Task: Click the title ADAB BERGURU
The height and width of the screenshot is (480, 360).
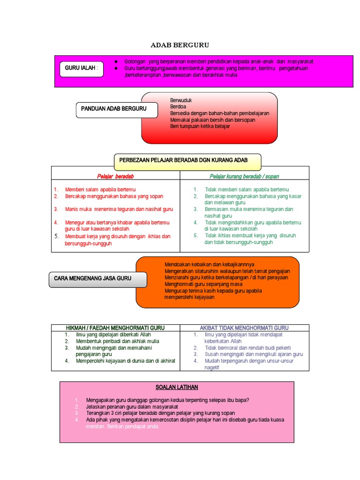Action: (x=180, y=45)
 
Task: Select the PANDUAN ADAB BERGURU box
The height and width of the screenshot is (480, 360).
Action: (x=113, y=109)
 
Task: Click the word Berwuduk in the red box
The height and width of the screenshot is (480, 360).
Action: (x=181, y=100)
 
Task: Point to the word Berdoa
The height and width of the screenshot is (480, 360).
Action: (x=178, y=107)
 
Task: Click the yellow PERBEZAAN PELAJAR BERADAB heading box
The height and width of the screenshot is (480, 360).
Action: (x=187, y=160)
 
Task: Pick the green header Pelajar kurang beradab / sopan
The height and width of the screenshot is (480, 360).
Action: (x=244, y=176)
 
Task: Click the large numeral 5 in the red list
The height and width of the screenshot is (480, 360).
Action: (x=55, y=236)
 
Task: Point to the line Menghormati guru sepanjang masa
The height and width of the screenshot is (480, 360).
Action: (x=203, y=284)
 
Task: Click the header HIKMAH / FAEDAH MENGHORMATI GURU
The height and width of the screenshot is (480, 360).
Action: (x=115, y=328)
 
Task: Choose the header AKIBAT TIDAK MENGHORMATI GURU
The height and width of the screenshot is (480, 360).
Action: (x=244, y=328)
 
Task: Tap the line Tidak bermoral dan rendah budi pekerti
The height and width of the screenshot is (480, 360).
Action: (x=247, y=348)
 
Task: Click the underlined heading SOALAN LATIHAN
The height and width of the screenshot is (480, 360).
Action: (x=177, y=387)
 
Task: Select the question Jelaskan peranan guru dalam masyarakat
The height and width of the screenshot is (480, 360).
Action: (x=132, y=407)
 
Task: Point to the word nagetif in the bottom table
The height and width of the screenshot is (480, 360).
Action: (x=212, y=367)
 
